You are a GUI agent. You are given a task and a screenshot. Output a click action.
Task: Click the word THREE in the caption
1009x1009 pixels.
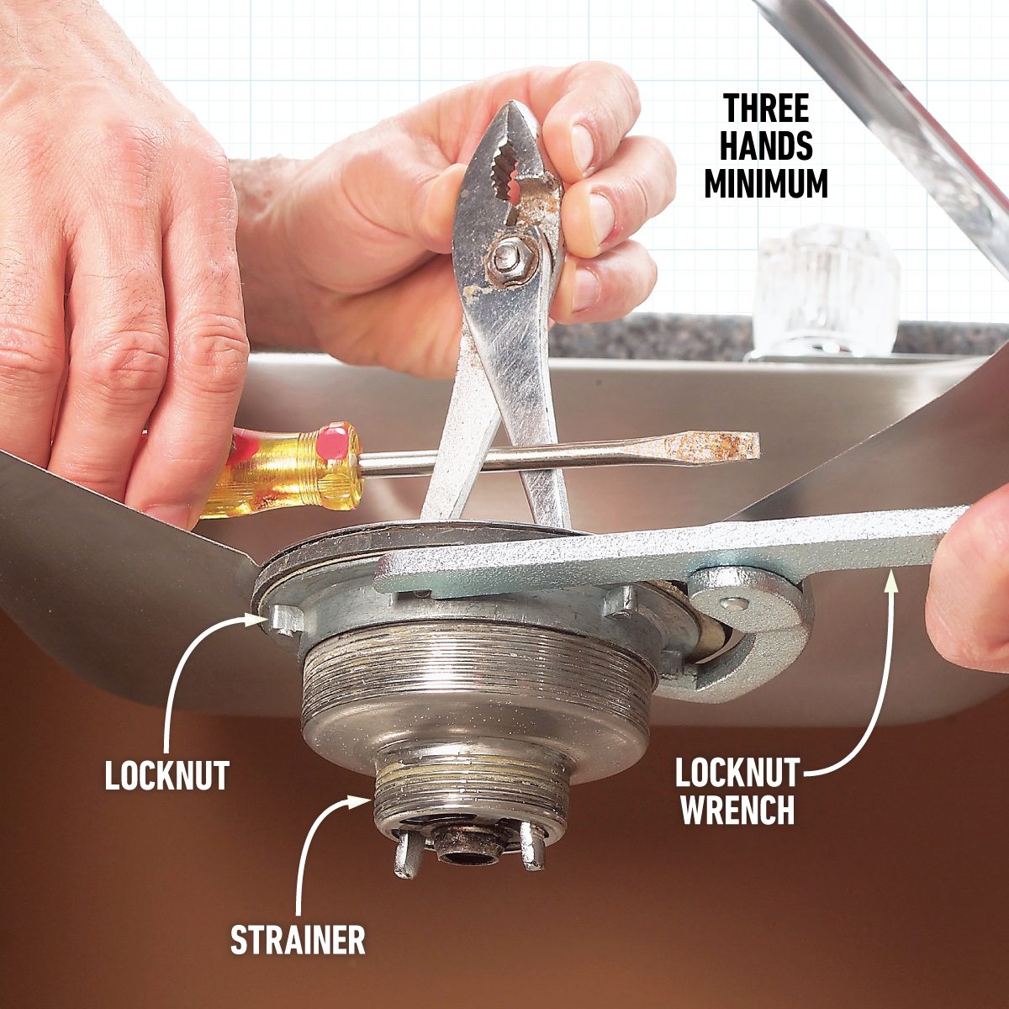(x=766, y=110)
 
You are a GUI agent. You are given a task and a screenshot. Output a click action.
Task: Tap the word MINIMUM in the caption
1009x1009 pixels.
(x=766, y=182)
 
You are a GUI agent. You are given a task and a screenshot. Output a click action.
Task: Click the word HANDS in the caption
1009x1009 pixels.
(x=766, y=146)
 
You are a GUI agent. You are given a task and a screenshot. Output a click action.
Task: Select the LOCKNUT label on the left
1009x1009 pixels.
(x=166, y=775)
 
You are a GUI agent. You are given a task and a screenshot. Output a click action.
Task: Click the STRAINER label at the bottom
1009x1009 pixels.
(x=298, y=939)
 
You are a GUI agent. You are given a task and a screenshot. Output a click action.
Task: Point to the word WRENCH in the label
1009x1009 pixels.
(x=737, y=810)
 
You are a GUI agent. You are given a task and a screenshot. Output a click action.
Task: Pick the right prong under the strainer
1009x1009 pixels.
(x=531, y=848)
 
